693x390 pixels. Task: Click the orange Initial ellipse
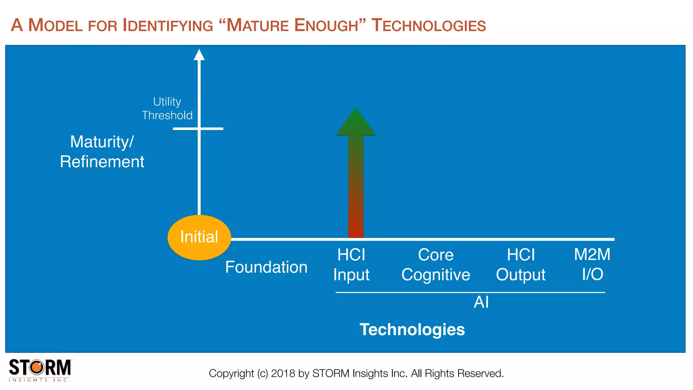[x=199, y=237]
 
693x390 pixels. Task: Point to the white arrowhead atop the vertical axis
[x=199, y=55]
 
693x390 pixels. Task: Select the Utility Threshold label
[x=167, y=108]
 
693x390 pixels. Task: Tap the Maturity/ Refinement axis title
[x=102, y=151]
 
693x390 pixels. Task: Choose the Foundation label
[x=266, y=267]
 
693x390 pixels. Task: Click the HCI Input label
[x=351, y=264]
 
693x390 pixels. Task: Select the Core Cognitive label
[x=435, y=264]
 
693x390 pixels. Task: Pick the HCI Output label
[x=520, y=264]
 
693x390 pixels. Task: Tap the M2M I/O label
[x=592, y=264]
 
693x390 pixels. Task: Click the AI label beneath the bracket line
[x=481, y=302]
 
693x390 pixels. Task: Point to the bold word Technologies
[x=412, y=329]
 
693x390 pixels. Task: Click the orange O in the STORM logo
[x=37, y=367]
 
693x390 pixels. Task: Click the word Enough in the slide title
[x=326, y=25]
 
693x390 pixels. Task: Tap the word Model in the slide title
[x=55, y=25]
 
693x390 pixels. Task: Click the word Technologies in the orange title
[x=428, y=25]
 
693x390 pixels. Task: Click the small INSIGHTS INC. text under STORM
[x=40, y=380]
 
